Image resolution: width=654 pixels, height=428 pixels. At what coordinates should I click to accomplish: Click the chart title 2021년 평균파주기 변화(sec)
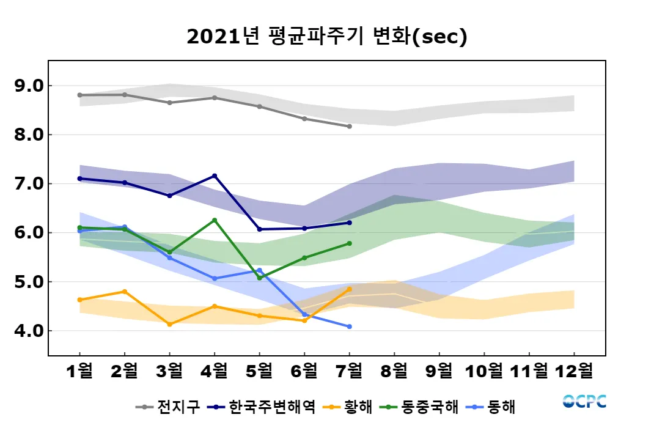[326, 37]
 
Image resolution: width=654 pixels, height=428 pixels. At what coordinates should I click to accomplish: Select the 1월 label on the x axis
[80, 371]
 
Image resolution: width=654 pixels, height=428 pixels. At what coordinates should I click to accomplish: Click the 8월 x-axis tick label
[394, 371]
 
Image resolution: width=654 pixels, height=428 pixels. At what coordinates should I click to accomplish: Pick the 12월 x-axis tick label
[574, 371]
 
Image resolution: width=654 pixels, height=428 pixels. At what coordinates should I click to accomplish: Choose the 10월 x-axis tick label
[484, 371]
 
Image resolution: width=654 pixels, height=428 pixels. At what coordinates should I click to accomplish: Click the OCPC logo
[584, 401]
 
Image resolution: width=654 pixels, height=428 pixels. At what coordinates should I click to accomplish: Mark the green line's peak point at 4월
[215, 220]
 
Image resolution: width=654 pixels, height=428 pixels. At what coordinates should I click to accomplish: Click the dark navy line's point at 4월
[215, 175]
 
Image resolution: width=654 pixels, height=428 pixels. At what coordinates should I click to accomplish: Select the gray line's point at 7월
[349, 127]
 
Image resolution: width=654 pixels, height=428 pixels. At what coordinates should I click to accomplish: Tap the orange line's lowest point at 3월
[169, 324]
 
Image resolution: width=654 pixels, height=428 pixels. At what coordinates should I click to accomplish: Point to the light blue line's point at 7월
[349, 327]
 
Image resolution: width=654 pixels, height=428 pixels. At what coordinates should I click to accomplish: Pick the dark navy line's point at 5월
[259, 229]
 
